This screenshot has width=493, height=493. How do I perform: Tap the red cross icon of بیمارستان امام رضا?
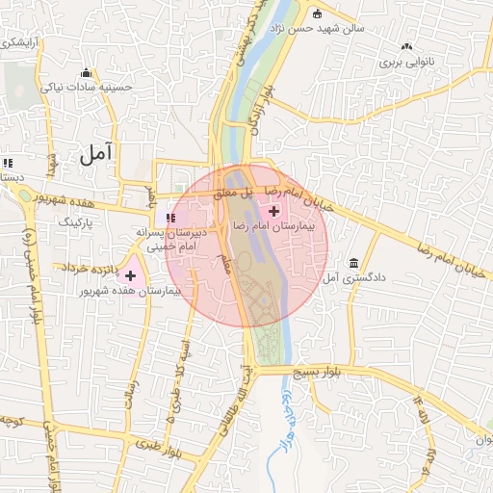coord(274,211)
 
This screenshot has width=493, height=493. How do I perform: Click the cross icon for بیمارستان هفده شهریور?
coord(130,275)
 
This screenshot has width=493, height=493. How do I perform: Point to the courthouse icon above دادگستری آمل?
coord(354,263)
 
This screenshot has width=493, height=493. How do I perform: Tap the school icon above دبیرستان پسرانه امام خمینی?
coord(170,218)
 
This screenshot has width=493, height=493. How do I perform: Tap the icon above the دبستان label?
coord(9,163)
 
